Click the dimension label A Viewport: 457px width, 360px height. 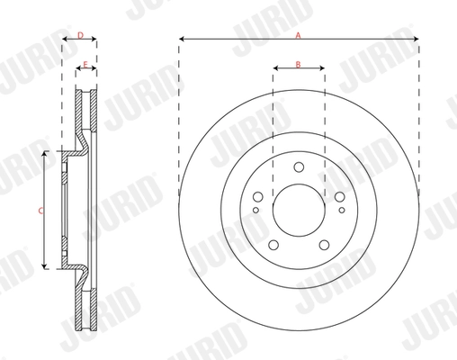299,33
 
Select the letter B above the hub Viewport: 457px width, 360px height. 299,65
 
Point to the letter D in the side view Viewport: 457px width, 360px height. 80,35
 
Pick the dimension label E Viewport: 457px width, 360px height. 85,65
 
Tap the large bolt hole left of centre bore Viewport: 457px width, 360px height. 256,198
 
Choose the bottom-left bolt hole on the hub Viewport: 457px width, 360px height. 273,244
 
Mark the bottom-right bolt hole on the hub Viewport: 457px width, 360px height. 325,244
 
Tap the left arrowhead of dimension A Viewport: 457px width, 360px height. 181,39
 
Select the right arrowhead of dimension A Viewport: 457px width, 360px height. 417,39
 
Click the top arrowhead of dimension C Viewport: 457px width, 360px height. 45,156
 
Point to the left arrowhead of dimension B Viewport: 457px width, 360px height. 274,71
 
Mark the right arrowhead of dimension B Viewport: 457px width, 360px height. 323,71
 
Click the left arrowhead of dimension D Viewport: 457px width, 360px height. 65,41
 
